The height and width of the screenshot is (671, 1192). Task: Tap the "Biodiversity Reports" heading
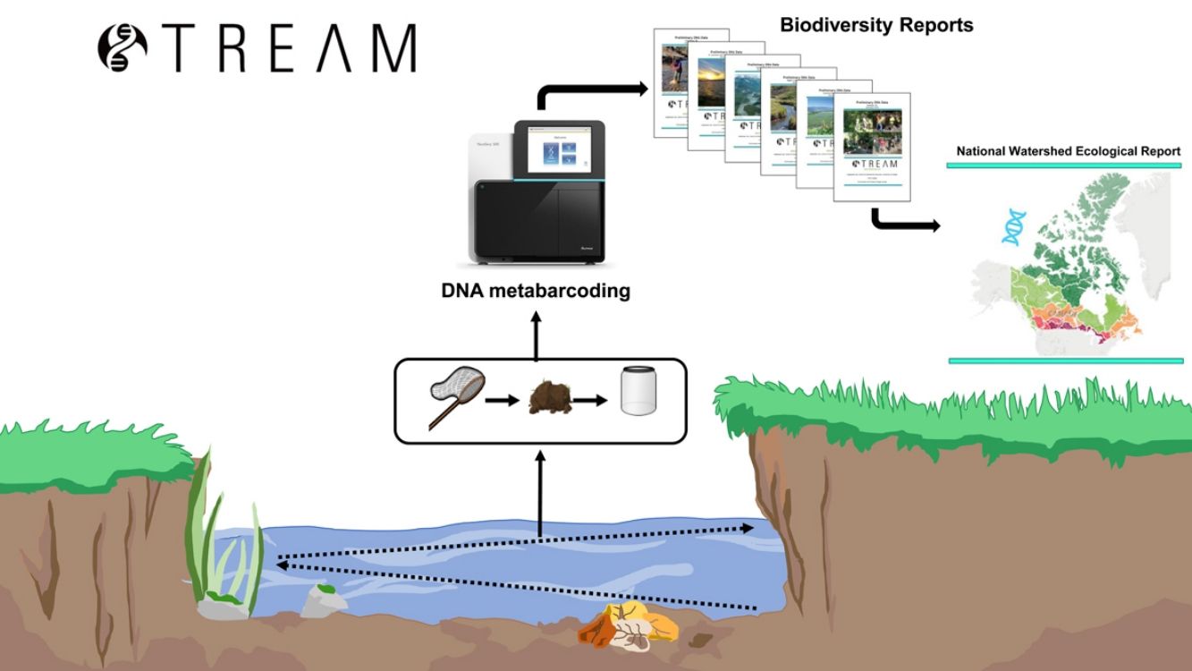tap(875, 25)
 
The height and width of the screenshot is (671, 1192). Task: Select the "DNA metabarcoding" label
tap(536, 291)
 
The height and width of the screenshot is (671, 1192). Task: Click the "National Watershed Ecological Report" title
tap(1068, 151)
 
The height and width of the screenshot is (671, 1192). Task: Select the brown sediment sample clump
tap(551, 399)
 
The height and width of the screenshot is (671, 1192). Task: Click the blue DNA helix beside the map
tap(1012, 227)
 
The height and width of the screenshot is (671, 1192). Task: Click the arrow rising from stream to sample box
tap(540, 492)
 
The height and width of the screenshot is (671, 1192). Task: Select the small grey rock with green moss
tap(322, 601)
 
